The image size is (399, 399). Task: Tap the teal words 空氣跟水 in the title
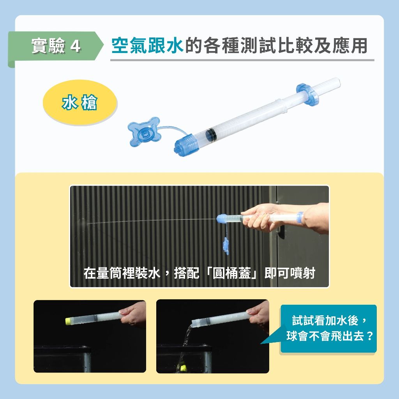147,46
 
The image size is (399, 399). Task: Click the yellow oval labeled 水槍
80,102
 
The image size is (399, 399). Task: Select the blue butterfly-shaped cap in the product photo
145,132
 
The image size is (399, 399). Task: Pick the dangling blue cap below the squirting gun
226,246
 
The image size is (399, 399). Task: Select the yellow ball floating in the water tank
184,367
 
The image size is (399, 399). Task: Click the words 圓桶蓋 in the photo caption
231,273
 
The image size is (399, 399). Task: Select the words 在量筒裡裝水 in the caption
122,273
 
